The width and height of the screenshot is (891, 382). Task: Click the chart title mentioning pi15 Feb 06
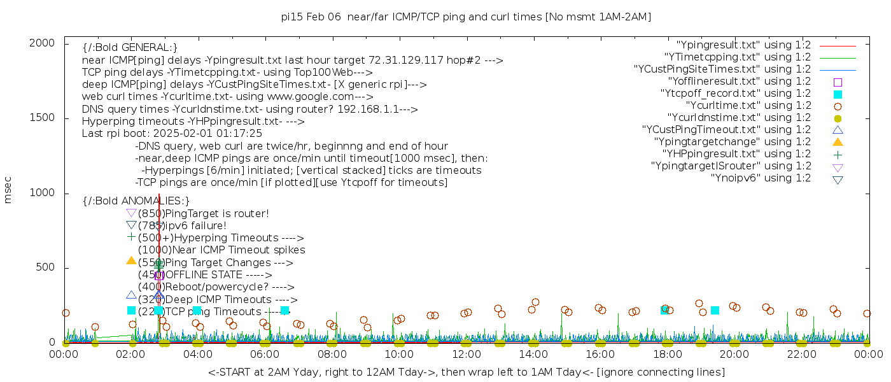click(x=466, y=17)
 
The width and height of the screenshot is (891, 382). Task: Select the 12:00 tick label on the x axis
click(x=467, y=355)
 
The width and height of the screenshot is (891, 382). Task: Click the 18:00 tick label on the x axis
click(x=667, y=355)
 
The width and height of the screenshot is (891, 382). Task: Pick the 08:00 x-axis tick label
click(x=332, y=355)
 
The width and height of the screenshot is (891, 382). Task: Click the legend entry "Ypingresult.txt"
click(x=743, y=45)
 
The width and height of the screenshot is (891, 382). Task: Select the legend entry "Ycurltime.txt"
click(x=748, y=106)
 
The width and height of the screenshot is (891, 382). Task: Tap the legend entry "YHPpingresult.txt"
click(x=737, y=154)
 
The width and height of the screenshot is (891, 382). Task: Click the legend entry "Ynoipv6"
click(x=761, y=178)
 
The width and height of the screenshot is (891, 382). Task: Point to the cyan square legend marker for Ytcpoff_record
click(x=838, y=94)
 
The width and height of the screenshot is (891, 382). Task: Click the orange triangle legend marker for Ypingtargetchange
click(x=838, y=142)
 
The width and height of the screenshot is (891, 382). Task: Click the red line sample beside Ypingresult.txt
click(x=838, y=46)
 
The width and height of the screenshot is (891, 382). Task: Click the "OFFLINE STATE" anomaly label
click(x=204, y=274)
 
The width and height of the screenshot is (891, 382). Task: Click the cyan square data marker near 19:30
click(x=715, y=310)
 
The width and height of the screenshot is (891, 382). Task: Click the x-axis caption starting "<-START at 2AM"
click(x=466, y=372)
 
